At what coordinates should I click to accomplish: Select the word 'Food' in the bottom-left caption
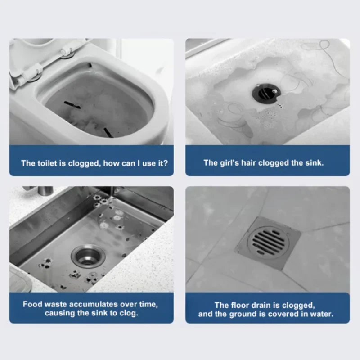tap(32, 304)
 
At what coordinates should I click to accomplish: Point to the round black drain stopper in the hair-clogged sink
tap(265, 91)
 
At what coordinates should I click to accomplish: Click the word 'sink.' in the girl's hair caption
tap(314, 163)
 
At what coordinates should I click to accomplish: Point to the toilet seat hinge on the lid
tap(67, 54)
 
